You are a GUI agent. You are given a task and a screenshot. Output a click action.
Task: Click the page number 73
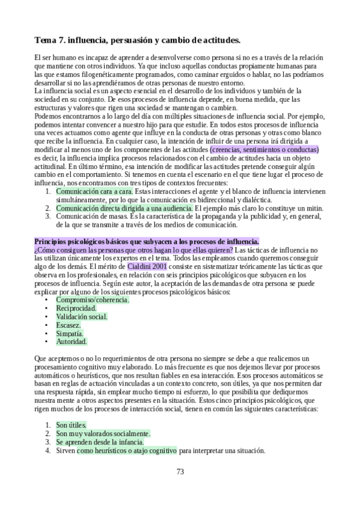pyautogui.click(x=180, y=472)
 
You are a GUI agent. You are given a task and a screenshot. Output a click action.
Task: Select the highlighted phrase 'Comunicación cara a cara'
pyautogui.click(x=94, y=191)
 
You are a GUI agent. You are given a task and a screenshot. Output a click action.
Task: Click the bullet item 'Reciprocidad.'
pyautogui.click(x=76, y=307)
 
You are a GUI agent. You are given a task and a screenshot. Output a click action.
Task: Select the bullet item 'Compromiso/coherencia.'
pyautogui.click(x=92, y=299)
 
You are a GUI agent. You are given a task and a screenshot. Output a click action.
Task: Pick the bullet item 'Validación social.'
pyautogui.click(x=82, y=316)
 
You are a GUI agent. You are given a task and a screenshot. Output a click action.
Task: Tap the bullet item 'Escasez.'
pyautogui.click(x=69, y=324)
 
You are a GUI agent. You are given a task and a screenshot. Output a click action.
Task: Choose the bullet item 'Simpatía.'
pyautogui.click(x=70, y=333)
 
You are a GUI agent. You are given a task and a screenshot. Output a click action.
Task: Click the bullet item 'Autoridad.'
pyautogui.click(x=72, y=341)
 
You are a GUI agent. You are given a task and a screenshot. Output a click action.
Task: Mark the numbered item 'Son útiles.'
pyautogui.click(x=72, y=424)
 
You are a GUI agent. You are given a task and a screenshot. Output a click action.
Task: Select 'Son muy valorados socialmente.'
pyautogui.click(x=103, y=432)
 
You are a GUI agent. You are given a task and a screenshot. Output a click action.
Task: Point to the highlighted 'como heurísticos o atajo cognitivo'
pyautogui.click(x=126, y=449)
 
